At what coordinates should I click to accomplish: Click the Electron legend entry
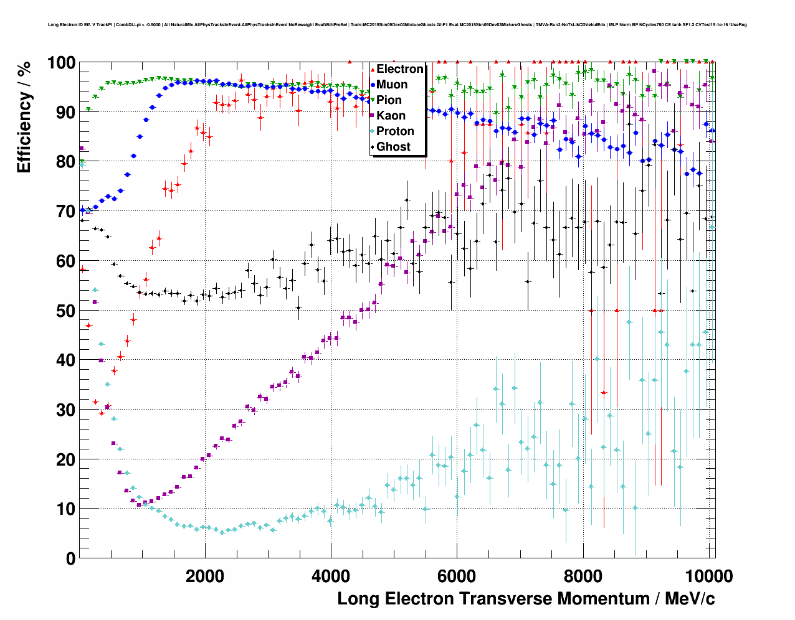click(399, 69)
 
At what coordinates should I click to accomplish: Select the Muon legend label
click(392, 85)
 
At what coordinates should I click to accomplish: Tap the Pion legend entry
click(389, 100)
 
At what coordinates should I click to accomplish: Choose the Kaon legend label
click(391, 116)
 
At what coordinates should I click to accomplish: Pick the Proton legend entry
click(395, 131)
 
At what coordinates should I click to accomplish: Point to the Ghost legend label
click(393, 147)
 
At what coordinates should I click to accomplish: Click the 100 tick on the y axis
click(61, 63)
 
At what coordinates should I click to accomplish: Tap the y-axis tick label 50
click(65, 311)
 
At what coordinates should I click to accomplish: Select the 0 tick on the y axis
click(70, 558)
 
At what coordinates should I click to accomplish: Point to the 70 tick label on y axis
click(65, 212)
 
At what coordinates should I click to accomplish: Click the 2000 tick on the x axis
click(205, 576)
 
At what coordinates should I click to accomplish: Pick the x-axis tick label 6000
click(457, 576)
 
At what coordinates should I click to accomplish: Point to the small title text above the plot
click(397, 25)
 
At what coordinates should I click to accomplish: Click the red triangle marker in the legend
click(373, 70)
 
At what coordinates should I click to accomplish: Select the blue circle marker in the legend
click(373, 85)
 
